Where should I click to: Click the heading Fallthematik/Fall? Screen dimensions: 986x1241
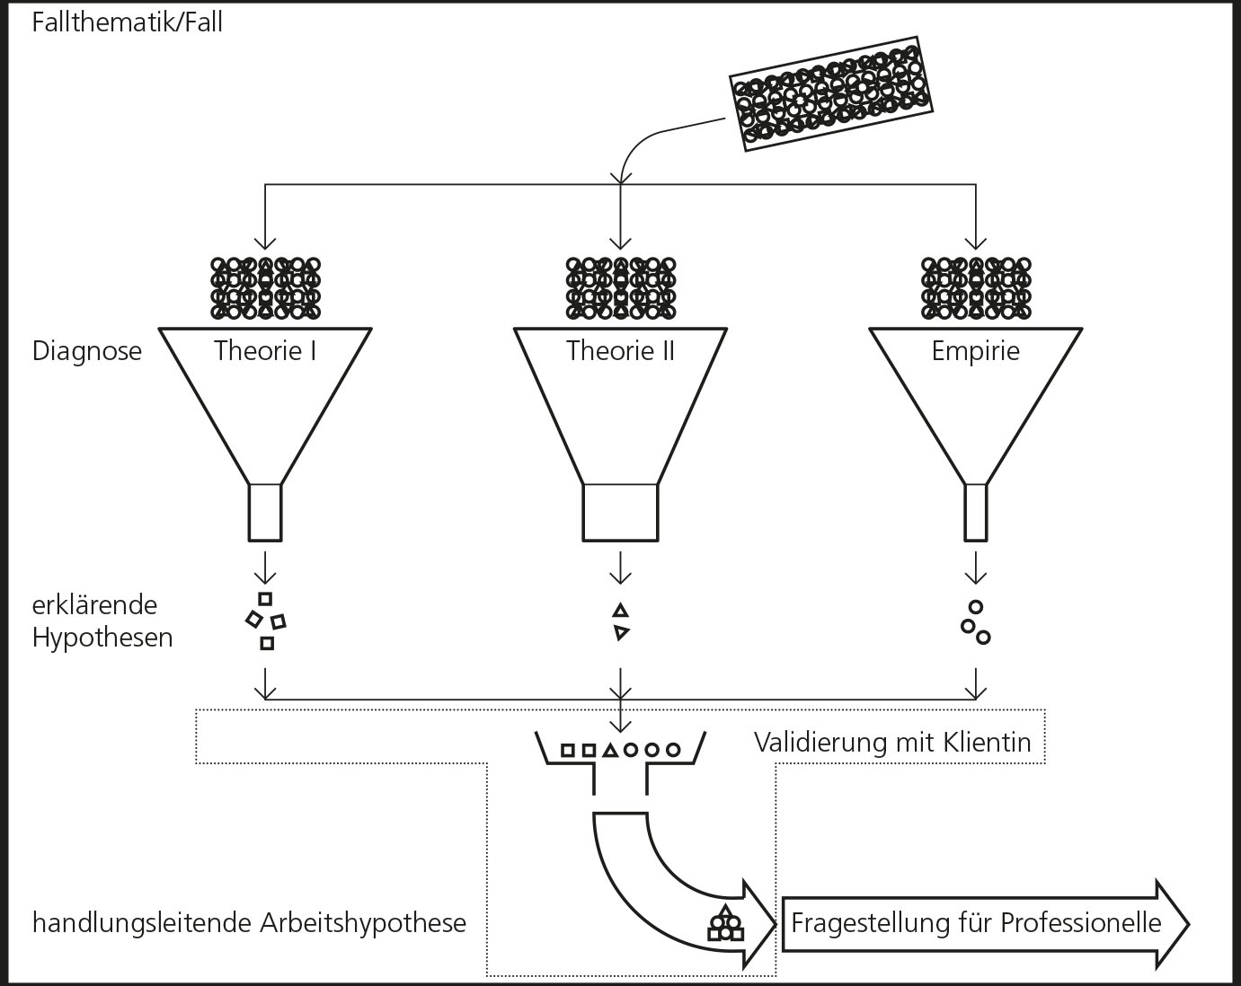tap(127, 22)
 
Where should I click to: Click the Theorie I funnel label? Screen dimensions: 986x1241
tap(265, 350)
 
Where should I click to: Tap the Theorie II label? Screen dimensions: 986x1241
tap(620, 350)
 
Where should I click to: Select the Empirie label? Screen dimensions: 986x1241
tap(976, 350)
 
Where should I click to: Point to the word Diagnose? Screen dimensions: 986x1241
tap(87, 350)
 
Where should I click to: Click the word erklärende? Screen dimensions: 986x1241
tap(94, 604)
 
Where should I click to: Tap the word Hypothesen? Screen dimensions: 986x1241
tap(102, 638)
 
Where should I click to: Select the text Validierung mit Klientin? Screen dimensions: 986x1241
tap(892, 743)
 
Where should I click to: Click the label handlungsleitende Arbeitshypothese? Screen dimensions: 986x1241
tap(249, 922)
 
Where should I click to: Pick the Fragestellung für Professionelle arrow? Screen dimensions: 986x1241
tap(985, 922)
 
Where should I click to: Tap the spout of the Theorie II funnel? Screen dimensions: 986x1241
tap(620, 512)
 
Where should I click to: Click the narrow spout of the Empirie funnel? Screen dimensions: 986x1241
tap(976, 512)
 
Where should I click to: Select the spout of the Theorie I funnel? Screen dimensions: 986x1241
tap(265, 512)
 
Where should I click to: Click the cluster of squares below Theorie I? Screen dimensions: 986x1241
tap(266, 621)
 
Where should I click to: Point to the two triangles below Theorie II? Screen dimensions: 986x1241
tap(620, 622)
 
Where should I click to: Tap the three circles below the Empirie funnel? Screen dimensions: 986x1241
tap(976, 622)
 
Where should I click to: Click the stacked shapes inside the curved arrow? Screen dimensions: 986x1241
tap(726, 924)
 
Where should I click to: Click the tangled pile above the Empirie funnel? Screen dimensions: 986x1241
tap(976, 288)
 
